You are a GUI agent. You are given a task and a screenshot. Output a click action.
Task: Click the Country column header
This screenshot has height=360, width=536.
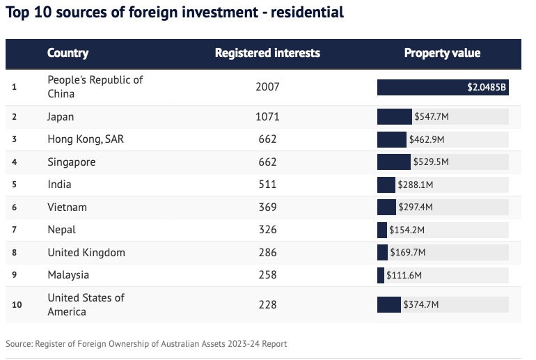(68, 53)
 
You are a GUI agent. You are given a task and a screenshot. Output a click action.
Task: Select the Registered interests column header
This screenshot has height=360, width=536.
(267, 53)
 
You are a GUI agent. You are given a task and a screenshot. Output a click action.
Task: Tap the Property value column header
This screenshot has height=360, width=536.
(442, 53)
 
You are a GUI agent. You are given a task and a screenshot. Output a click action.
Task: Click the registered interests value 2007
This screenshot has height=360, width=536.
(267, 87)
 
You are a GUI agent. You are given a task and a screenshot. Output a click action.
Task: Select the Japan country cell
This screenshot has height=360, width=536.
(61, 117)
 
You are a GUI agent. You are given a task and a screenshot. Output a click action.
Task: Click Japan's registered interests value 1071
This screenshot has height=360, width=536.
(267, 117)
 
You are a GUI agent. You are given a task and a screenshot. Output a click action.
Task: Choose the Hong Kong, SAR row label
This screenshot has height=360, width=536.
(86, 139)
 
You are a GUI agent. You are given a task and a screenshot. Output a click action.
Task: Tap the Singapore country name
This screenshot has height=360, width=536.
(71, 162)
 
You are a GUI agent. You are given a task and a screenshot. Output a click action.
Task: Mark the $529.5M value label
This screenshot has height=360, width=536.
(430, 162)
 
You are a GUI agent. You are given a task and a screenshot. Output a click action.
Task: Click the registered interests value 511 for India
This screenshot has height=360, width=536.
(267, 185)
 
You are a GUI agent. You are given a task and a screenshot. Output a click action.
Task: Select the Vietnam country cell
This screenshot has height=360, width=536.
(68, 208)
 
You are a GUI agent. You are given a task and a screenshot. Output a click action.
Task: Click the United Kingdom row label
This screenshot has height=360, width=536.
(86, 252)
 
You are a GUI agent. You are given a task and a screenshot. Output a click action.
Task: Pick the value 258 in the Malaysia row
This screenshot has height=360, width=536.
(267, 275)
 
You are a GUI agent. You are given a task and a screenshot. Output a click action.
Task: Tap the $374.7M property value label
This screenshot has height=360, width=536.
(420, 304)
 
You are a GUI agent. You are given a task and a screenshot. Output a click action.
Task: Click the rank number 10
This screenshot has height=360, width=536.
(17, 304)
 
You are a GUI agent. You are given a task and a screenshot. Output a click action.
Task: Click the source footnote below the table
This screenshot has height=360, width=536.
(146, 344)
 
